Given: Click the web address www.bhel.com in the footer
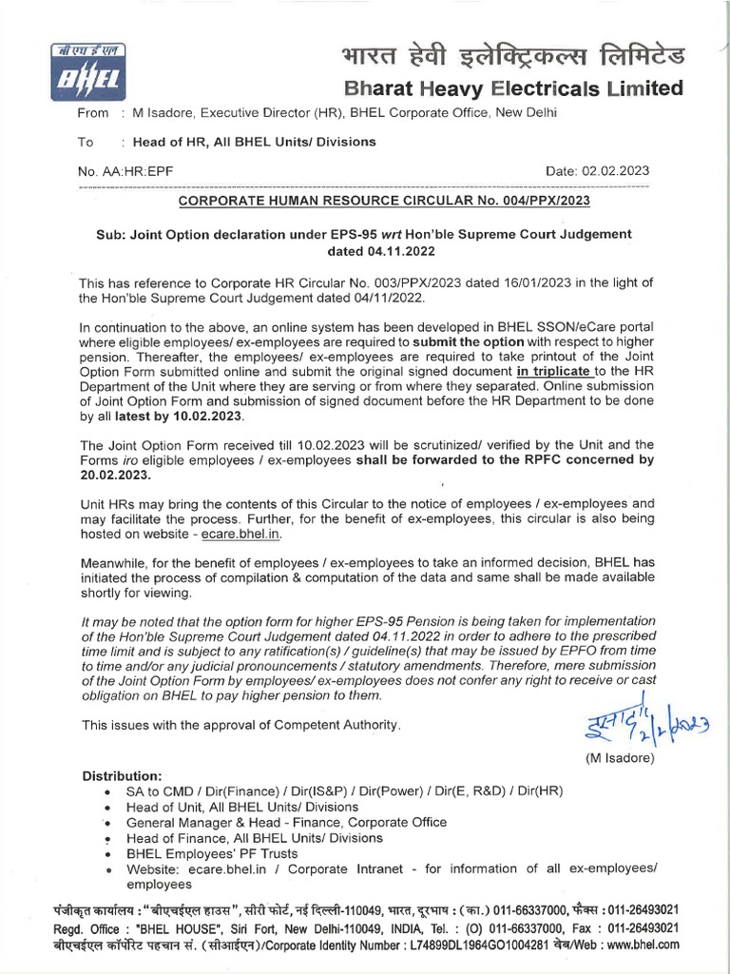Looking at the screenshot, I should click(643, 945).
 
